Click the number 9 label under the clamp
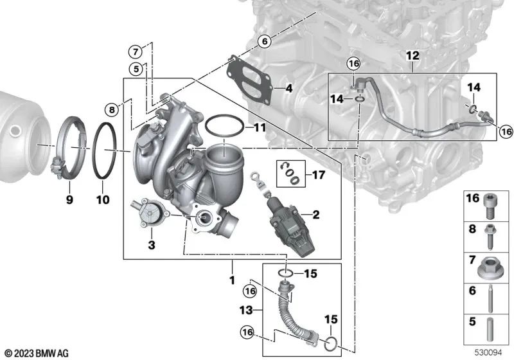pos(69,200)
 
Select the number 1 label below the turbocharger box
pos(232,281)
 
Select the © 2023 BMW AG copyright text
pos(37,353)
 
